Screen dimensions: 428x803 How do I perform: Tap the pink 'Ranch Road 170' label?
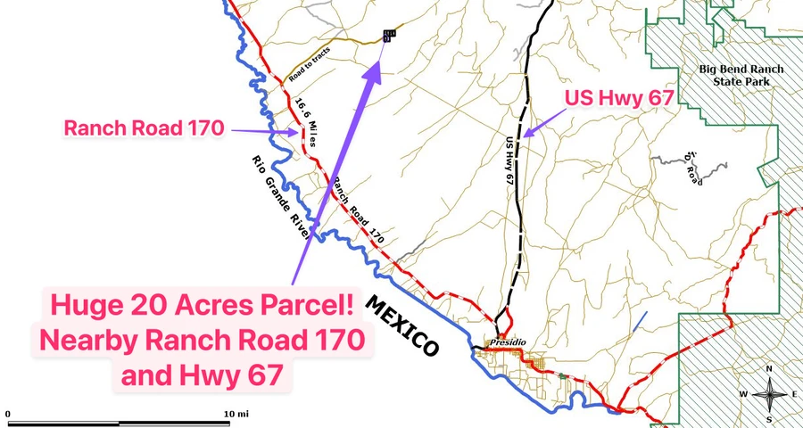pos(143,128)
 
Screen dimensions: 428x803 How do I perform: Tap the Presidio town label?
pos(507,342)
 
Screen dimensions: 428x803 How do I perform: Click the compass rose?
pos(767,392)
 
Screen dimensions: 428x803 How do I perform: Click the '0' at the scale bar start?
pos(8,415)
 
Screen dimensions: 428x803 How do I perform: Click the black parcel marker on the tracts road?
pos(388,36)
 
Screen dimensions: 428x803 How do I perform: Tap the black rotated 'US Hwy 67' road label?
pos(509,160)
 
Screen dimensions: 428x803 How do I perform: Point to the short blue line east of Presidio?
pos(640,322)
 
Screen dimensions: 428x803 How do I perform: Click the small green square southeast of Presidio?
pos(560,377)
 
